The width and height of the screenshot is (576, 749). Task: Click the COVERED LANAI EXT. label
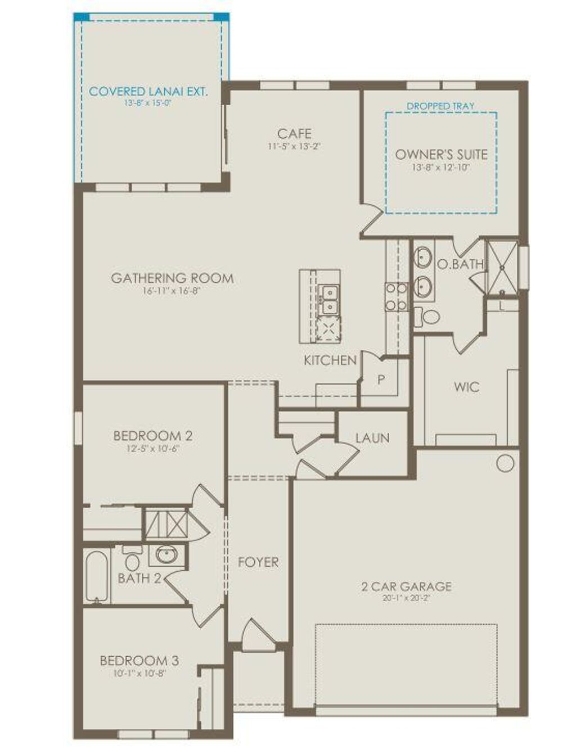point(148,92)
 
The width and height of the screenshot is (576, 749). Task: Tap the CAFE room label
point(294,134)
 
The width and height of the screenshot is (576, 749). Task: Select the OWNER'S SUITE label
point(441,154)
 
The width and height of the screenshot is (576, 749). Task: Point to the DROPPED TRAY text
point(440,106)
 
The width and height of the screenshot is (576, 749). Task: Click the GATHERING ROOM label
point(172,278)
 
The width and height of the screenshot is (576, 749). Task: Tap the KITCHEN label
point(330,360)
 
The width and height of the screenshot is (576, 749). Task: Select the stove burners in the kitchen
point(396,296)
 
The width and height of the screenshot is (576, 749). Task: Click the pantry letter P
point(381,380)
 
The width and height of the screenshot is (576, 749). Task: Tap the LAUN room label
point(372,438)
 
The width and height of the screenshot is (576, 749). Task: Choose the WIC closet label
point(467,387)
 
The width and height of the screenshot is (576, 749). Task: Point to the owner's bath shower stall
point(502,267)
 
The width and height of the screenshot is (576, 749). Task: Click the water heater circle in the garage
point(505,463)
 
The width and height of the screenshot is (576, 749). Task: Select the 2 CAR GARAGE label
point(406,586)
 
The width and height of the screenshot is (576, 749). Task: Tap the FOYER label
point(258,562)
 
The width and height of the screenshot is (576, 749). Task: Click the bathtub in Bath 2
point(97,576)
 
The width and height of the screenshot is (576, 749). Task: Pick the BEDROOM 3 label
point(139,661)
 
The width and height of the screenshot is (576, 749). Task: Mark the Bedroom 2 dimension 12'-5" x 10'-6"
point(153,448)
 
